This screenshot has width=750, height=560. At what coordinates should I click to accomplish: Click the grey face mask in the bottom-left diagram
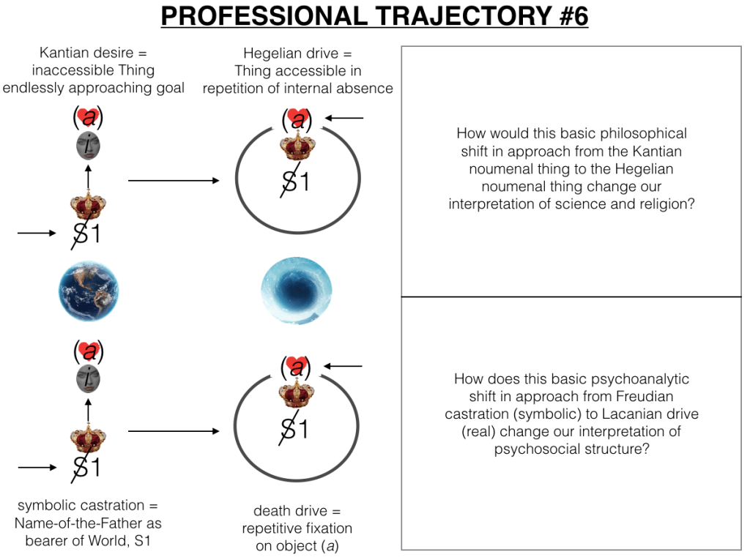click(88, 379)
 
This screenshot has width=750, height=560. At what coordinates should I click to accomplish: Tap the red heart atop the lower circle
click(297, 365)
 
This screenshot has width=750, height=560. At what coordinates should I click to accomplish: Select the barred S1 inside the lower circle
click(295, 428)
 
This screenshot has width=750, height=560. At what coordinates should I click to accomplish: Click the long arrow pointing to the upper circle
click(173, 180)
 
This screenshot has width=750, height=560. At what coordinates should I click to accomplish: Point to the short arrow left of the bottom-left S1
click(36, 466)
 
